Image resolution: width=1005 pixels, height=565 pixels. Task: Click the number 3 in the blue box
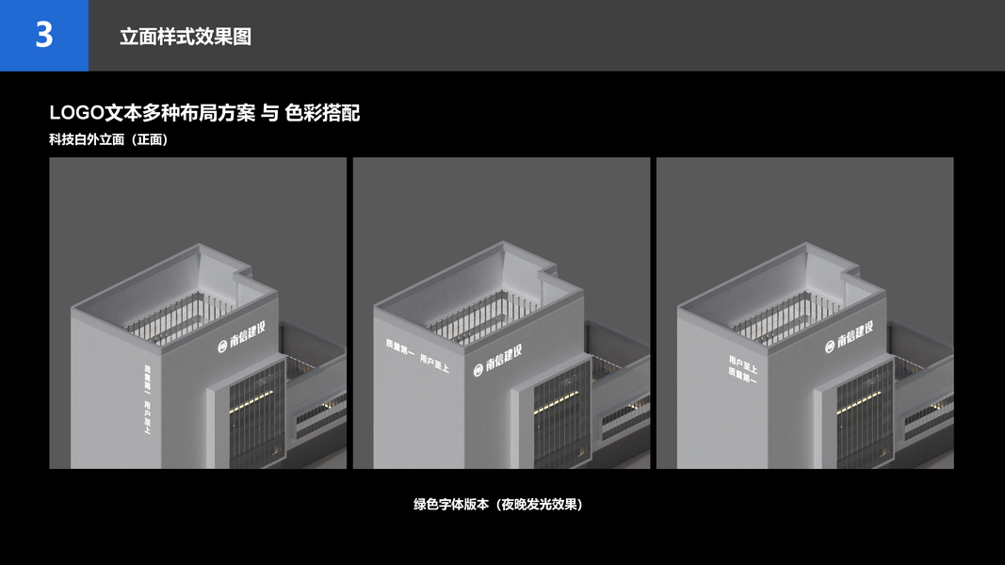tap(44, 35)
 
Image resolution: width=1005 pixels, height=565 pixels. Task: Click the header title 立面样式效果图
tap(185, 37)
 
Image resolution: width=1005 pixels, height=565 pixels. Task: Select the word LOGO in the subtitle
tap(75, 113)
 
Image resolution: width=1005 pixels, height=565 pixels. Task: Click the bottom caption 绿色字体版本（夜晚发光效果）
tap(498, 504)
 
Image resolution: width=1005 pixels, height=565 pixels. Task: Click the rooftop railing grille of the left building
tap(170, 316)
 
